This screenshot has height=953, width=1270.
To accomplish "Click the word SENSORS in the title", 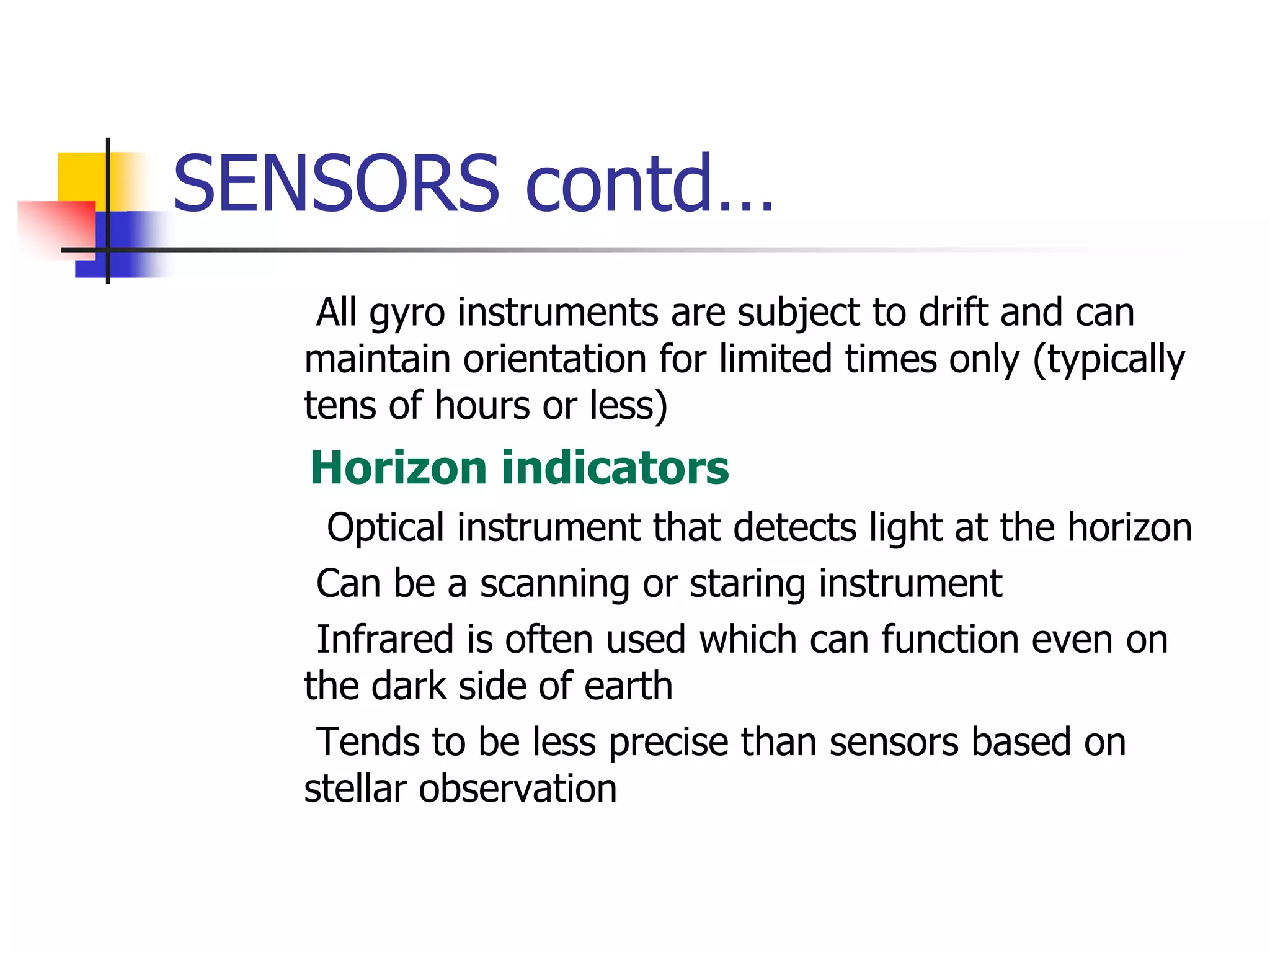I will click(x=335, y=184).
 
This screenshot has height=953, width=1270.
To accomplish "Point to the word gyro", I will click(x=407, y=314).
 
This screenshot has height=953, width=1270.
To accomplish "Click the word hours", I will click(x=482, y=406).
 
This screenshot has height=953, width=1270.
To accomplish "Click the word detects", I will click(x=794, y=527).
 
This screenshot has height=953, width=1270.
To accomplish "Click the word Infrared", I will click(x=384, y=640).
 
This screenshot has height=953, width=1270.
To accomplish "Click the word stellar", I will click(x=354, y=789).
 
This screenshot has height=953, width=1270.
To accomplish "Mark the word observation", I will click(x=517, y=789).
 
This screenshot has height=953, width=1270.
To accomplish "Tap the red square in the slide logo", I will click(x=56, y=227).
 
